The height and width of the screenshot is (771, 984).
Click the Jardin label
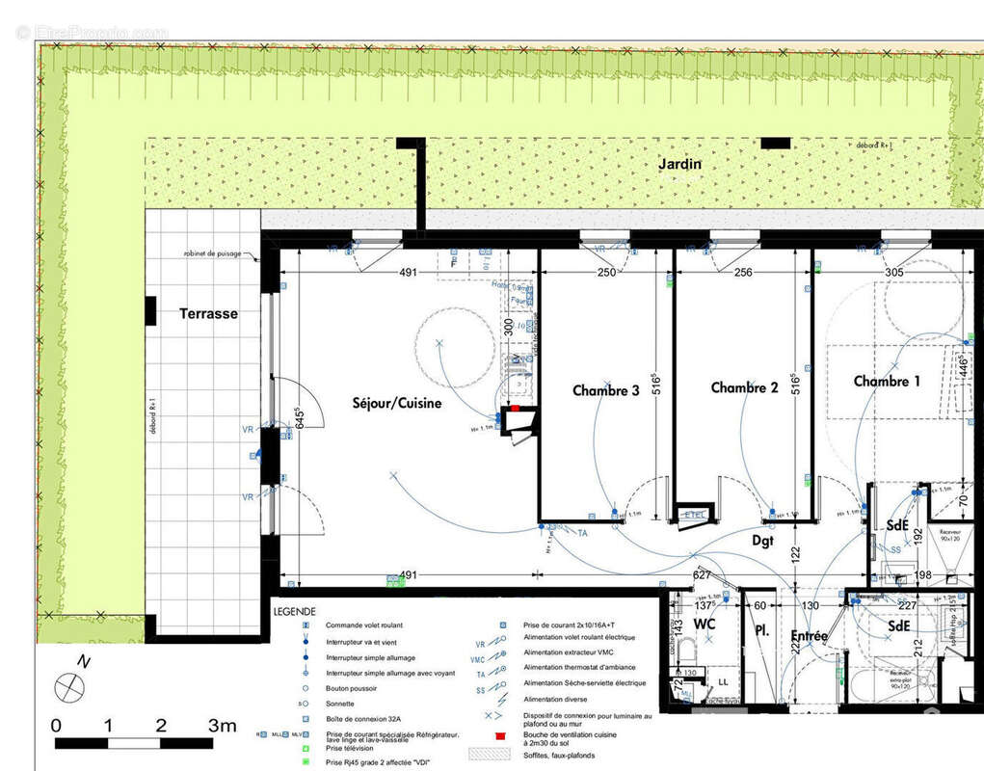[x=679, y=165]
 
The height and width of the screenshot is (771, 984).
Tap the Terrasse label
[x=208, y=313]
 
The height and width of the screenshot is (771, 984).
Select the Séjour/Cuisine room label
[x=397, y=403]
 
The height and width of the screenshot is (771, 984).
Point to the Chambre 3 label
[x=605, y=390]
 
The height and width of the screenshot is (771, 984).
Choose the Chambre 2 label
[x=744, y=387]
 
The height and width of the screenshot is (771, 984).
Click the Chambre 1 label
[x=887, y=382]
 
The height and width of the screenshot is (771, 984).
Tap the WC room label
[x=705, y=625]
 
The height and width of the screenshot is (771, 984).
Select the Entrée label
[x=809, y=636]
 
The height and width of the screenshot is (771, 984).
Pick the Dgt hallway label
[x=762, y=542]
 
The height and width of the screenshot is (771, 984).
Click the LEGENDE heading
[x=294, y=612]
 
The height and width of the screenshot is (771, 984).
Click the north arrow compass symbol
[x=69, y=687]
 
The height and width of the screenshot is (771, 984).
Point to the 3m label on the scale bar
[x=222, y=726]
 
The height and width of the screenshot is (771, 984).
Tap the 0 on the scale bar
[x=56, y=726]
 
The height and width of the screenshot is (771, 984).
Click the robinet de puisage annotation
[x=213, y=254]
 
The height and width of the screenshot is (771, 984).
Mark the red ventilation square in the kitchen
[x=515, y=409]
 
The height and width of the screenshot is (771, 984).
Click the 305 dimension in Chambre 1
[x=893, y=273]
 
